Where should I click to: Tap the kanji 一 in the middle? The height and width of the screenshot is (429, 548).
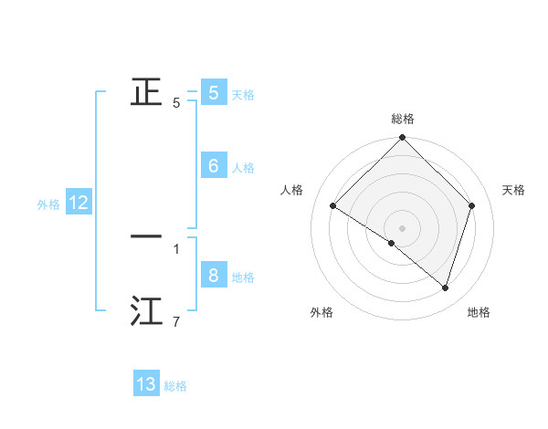(146, 236)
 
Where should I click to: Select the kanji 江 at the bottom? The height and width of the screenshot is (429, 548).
(146, 311)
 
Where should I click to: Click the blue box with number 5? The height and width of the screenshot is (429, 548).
(213, 92)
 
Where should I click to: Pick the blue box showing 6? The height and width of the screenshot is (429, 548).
(213, 165)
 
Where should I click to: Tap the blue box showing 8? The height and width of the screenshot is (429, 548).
(213, 275)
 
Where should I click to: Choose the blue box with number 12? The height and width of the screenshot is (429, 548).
(79, 204)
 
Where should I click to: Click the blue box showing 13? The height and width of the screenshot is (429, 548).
(146, 384)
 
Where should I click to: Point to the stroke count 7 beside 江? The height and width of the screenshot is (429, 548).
(176, 321)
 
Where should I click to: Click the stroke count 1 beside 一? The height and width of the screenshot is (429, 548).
(176, 248)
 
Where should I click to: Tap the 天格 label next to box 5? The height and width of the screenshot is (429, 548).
(243, 95)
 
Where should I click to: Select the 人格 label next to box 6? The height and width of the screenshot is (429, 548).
(243, 168)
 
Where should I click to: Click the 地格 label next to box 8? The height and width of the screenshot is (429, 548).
(243, 277)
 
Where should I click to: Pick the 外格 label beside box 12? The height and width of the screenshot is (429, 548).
(48, 205)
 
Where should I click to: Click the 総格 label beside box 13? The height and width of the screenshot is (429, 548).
(175, 387)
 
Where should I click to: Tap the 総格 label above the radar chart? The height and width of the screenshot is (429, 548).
(403, 120)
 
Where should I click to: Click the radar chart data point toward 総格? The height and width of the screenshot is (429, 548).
(403, 138)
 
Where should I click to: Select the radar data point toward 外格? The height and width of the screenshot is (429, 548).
(392, 243)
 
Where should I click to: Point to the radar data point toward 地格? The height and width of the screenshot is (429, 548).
(446, 288)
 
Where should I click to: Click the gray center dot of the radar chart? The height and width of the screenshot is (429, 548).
(403, 227)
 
